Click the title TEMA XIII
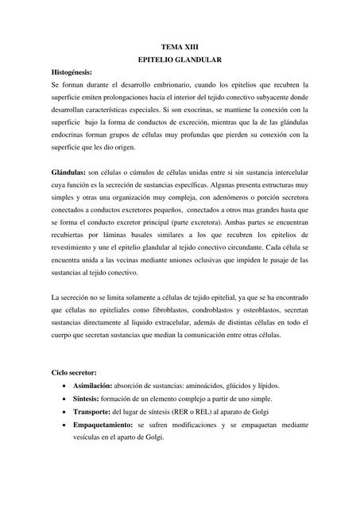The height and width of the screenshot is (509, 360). point(180,49)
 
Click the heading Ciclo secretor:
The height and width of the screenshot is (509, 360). point(73,371)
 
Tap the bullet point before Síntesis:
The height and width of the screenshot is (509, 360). point(64,398)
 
